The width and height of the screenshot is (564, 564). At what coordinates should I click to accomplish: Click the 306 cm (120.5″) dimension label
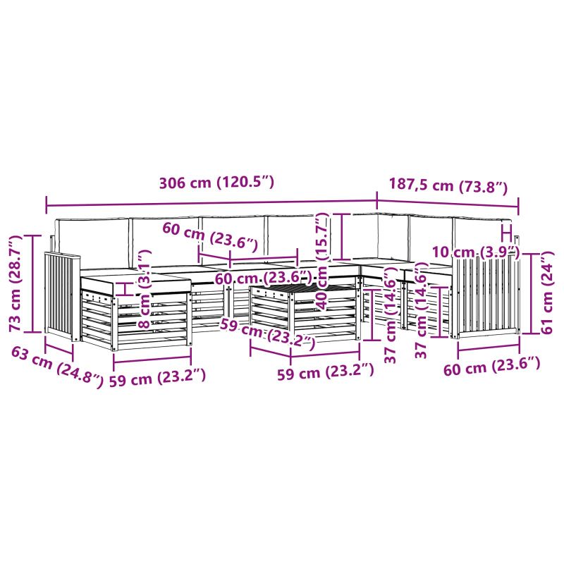point(216,183)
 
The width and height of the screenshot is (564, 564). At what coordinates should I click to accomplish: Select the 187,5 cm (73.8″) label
point(448,186)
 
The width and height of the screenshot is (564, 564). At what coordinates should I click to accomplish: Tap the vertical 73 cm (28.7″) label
point(15,283)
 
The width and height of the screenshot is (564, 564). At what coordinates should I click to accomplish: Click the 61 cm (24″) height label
point(547,293)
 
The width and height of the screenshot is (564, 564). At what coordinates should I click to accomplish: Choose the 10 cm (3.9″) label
point(475,252)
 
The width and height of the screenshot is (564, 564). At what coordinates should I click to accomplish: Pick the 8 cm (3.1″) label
point(145,290)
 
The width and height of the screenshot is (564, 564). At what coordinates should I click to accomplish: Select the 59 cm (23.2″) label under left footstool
point(157,377)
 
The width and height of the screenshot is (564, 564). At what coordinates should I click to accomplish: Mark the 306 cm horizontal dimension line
point(211,204)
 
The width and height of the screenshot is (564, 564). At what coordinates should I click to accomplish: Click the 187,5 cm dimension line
point(448,204)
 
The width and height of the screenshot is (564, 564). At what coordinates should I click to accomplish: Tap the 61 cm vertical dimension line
point(531,293)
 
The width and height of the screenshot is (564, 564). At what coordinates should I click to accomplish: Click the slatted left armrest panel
point(62,295)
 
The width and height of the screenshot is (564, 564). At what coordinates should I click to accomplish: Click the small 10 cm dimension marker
point(506,234)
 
